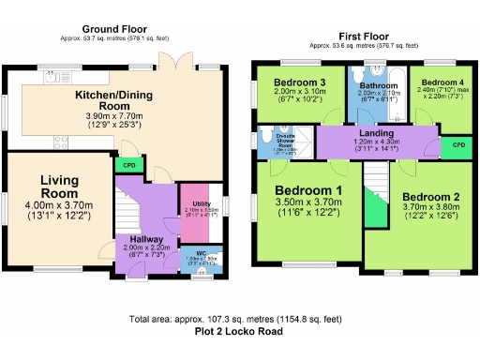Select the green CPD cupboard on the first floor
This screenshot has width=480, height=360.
click(457, 145)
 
